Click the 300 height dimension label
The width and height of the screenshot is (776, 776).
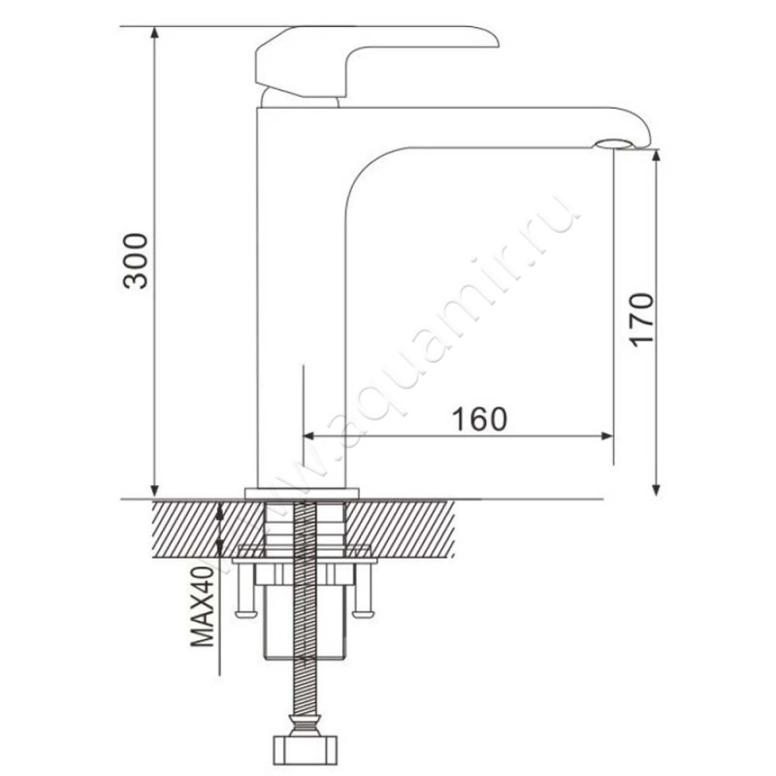point(135,261)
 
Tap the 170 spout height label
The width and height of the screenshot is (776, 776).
point(641,320)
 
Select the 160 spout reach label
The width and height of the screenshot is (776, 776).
point(480,419)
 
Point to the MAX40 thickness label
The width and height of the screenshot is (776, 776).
point(203,607)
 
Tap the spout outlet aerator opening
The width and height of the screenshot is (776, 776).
point(614,144)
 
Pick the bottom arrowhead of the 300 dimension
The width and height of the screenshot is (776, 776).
point(155,490)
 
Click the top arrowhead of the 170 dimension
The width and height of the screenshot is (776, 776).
point(657,156)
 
